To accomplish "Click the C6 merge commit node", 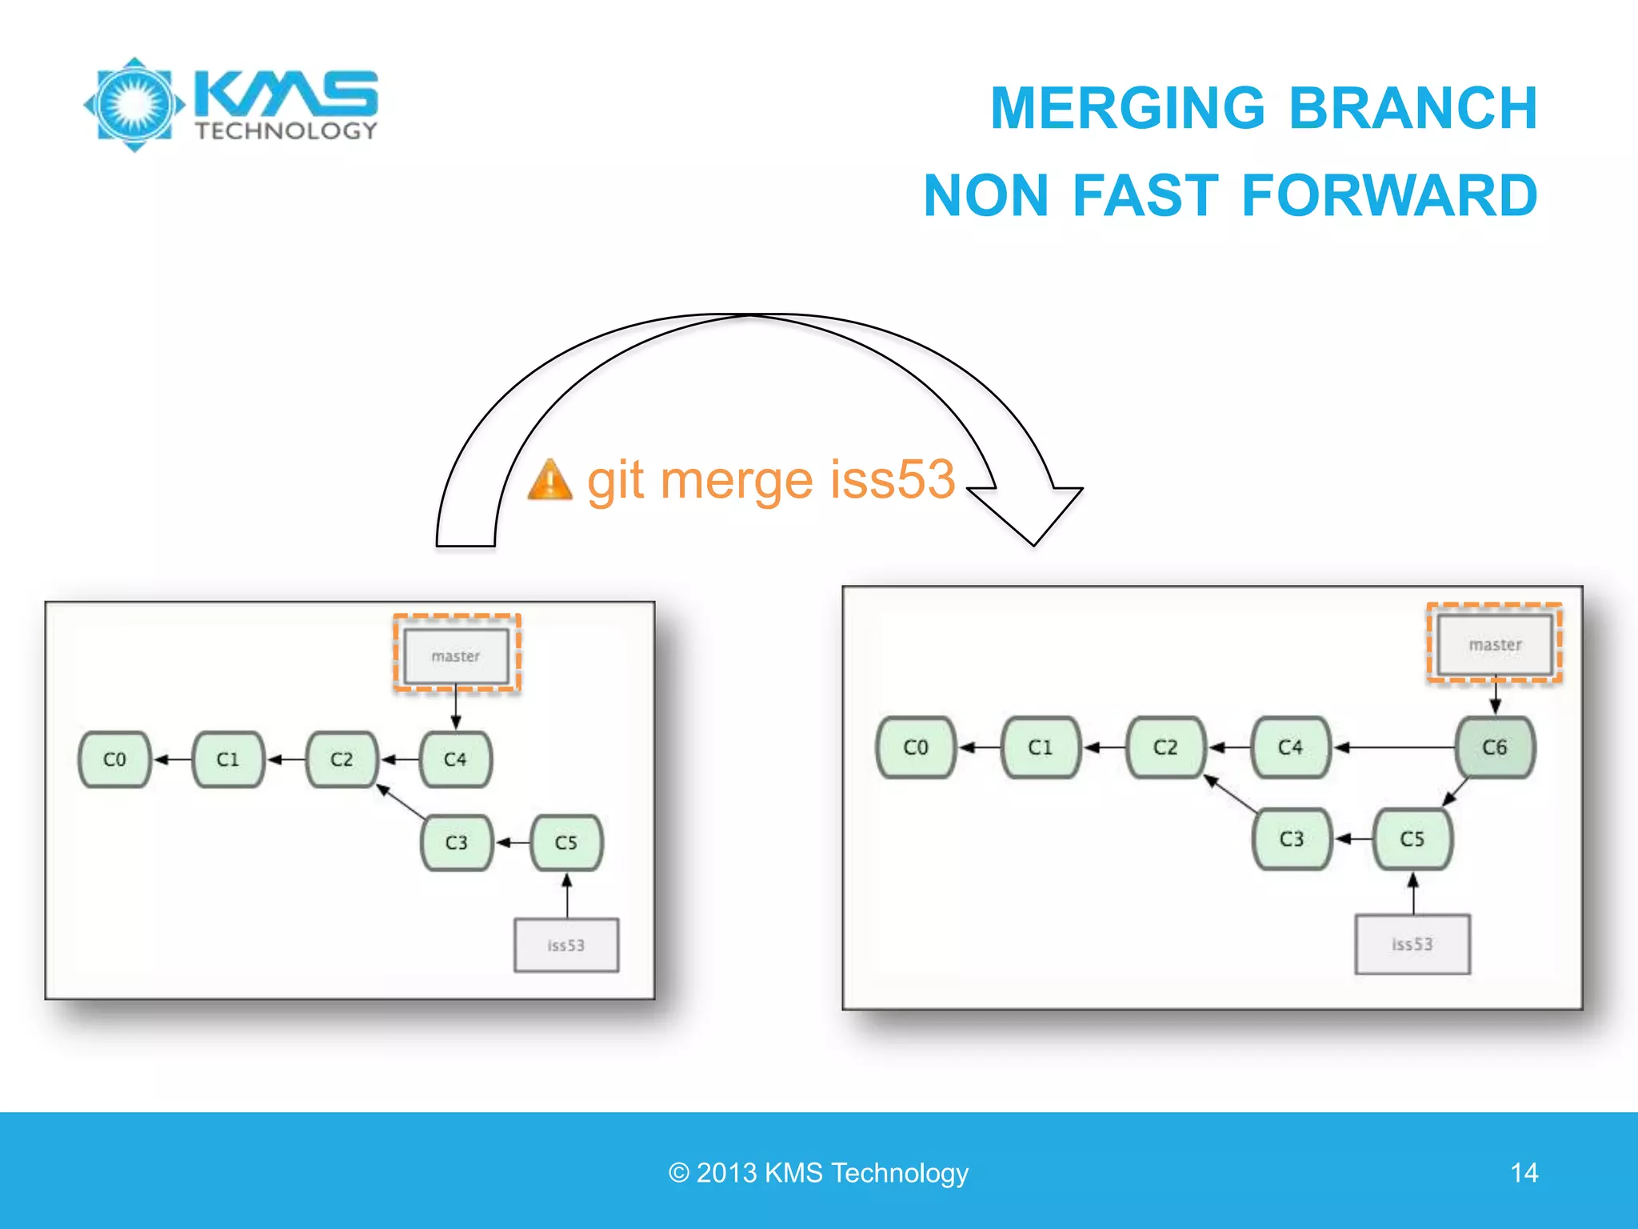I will click(x=1495, y=747).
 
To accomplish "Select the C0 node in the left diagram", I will click(x=114, y=759).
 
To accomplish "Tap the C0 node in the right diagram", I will click(x=916, y=747).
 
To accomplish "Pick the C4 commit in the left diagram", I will click(x=455, y=759).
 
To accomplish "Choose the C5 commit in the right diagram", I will click(x=1412, y=839).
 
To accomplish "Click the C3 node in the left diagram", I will click(x=457, y=843).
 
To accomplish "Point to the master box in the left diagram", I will click(x=456, y=656).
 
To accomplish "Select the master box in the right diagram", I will click(x=1495, y=644).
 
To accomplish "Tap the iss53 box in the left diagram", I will click(x=566, y=945).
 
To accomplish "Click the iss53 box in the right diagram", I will click(x=1412, y=944).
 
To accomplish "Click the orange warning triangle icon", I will click(x=550, y=480).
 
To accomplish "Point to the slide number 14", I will click(x=1524, y=1173).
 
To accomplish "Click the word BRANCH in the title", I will click(x=1412, y=108).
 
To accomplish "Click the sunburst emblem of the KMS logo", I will click(x=134, y=105).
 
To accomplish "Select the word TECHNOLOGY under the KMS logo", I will click(x=286, y=131).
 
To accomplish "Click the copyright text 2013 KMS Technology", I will click(x=819, y=1173).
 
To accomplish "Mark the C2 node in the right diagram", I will click(x=1165, y=747).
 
